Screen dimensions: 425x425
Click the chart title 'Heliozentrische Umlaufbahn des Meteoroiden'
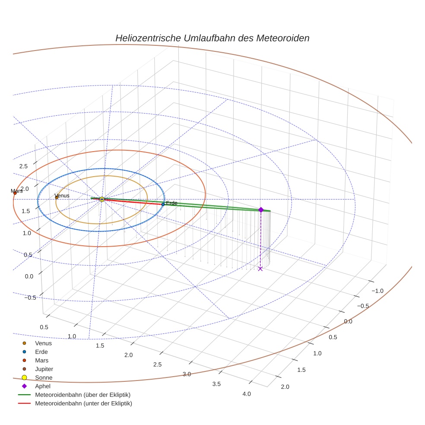click(x=212, y=38)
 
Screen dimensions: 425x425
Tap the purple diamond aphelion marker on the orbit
click(x=261, y=209)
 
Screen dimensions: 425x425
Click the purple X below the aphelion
click(x=260, y=269)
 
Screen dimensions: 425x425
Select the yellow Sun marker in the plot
click(x=102, y=199)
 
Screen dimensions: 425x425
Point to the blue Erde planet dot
click(x=163, y=204)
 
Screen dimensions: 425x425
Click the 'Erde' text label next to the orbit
click(x=171, y=203)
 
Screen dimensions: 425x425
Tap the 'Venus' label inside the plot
click(x=62, y=196)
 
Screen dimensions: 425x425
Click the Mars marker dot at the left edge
click(x=15, y=193)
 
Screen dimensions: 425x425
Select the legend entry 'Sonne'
click(x=44, y=377)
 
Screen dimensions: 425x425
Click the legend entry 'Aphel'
click(x=43, y=386)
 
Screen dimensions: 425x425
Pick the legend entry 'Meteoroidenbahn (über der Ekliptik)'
click(x=82, y=395)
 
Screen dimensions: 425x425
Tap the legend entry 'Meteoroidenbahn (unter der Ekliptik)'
click(x=83, y=403)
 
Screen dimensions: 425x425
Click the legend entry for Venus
click(x=43, y=343)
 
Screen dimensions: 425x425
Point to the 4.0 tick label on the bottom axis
click(x=246, y=394)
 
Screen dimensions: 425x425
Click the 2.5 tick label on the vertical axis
click(x=23, y=166)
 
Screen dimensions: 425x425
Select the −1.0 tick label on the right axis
click(x=377, y=291)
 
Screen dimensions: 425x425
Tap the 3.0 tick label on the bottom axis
click(x=187, y=374)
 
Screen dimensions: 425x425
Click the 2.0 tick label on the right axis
click(x=285, y=387)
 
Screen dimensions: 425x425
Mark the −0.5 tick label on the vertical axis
click(x=30, y=298)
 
